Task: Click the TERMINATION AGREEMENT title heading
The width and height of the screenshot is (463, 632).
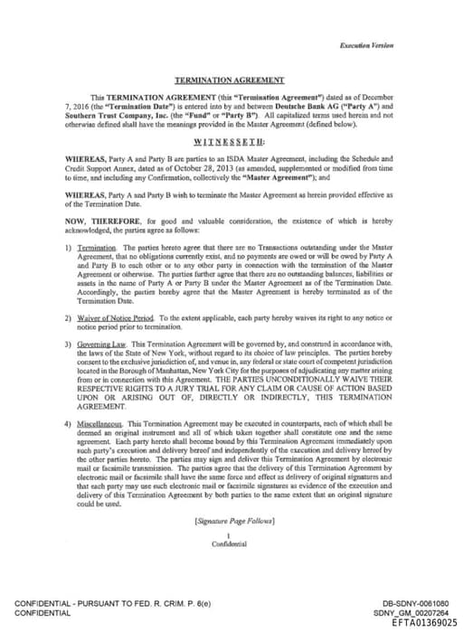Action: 230,80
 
